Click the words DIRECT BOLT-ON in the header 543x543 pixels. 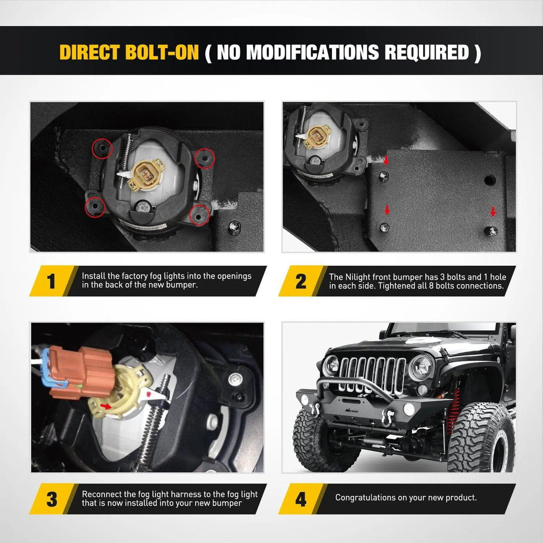click(129, 52)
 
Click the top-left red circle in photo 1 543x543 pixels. click(102, 148)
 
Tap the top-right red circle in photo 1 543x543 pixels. click(205, 158)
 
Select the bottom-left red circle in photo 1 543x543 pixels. click(95, 207)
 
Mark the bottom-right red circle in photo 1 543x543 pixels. click(199, 214)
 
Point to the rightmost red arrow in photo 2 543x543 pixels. click(493, 212)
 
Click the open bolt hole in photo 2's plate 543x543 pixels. click(490, 181)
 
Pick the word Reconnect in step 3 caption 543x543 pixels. click(102, 494)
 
